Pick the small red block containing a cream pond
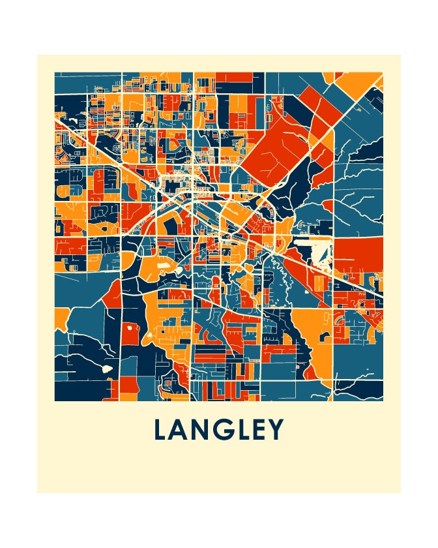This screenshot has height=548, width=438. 130,331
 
